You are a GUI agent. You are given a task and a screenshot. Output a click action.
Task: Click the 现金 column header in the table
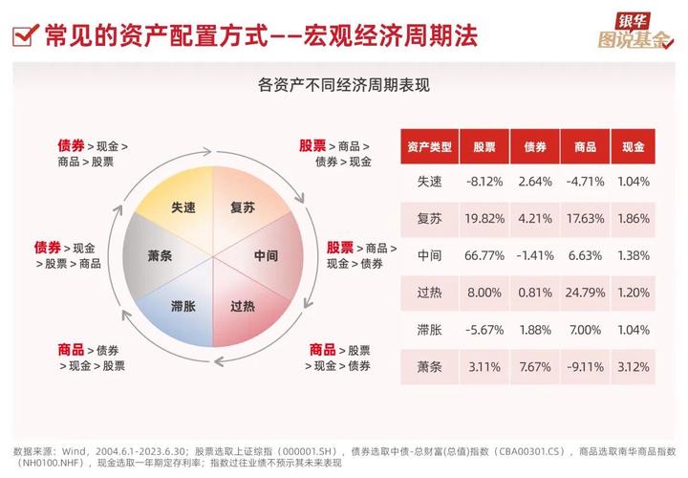click(x=634, y=146)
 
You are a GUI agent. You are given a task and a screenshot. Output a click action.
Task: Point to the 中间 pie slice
click(x=266, y=255)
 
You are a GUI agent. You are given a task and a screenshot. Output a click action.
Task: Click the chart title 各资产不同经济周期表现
click(x=344, y=85)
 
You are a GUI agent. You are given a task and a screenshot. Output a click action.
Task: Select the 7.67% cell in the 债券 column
click(x=533, y=366)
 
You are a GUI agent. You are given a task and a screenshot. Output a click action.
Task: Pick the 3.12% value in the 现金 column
click(x=634, y=366)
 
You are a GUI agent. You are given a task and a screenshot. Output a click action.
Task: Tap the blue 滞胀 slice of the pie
click(x=183, y=306)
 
